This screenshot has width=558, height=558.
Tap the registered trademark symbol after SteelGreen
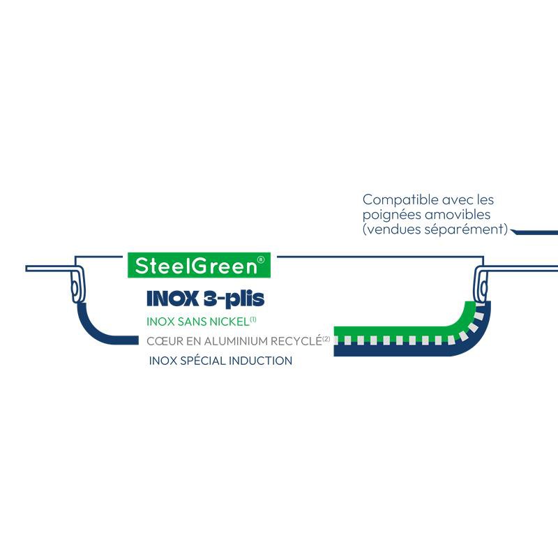260,259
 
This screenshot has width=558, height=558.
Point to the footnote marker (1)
253,319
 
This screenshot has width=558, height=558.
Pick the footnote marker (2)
326,339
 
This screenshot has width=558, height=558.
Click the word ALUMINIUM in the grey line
236,342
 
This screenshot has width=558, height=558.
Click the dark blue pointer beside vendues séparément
534,232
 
